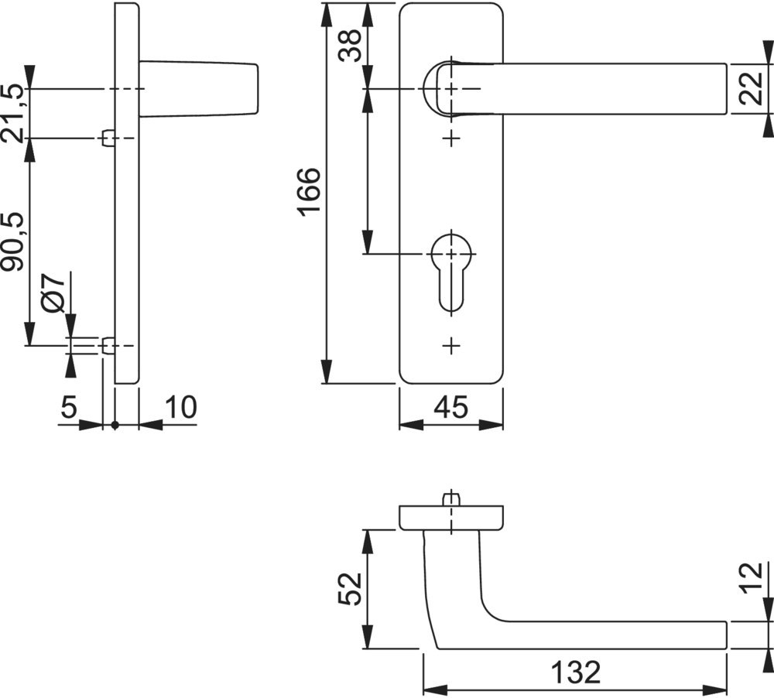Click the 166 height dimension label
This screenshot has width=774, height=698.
pos(307,192)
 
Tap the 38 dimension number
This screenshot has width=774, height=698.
pos(349,47)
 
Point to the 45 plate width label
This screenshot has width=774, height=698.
pos(450,408)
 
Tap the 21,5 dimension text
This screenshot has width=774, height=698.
pos(13,113)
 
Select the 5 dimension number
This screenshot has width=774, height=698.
pos(69,408)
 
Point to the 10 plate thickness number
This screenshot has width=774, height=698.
pos(180,408)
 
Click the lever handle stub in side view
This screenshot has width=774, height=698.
pos(199,90)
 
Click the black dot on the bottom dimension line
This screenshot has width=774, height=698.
pos(115,424)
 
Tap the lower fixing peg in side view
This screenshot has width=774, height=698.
pos(108,346)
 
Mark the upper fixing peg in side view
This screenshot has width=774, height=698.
pos(108,139)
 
